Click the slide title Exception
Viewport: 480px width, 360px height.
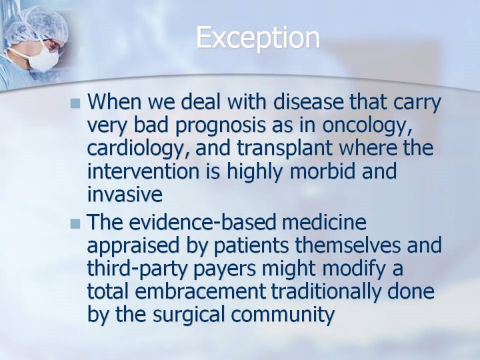point(258,38)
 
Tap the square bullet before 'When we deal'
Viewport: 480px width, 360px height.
point(75,103)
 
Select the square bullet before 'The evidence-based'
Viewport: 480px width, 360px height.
point(75,224)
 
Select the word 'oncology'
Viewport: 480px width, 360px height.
point(367,126)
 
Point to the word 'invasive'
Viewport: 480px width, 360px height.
point(125,194)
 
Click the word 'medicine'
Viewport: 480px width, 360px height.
point(324,222)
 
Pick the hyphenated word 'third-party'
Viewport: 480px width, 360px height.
point(138,269)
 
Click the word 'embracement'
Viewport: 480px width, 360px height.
point(200,291)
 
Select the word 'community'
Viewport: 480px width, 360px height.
point(283,315)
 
